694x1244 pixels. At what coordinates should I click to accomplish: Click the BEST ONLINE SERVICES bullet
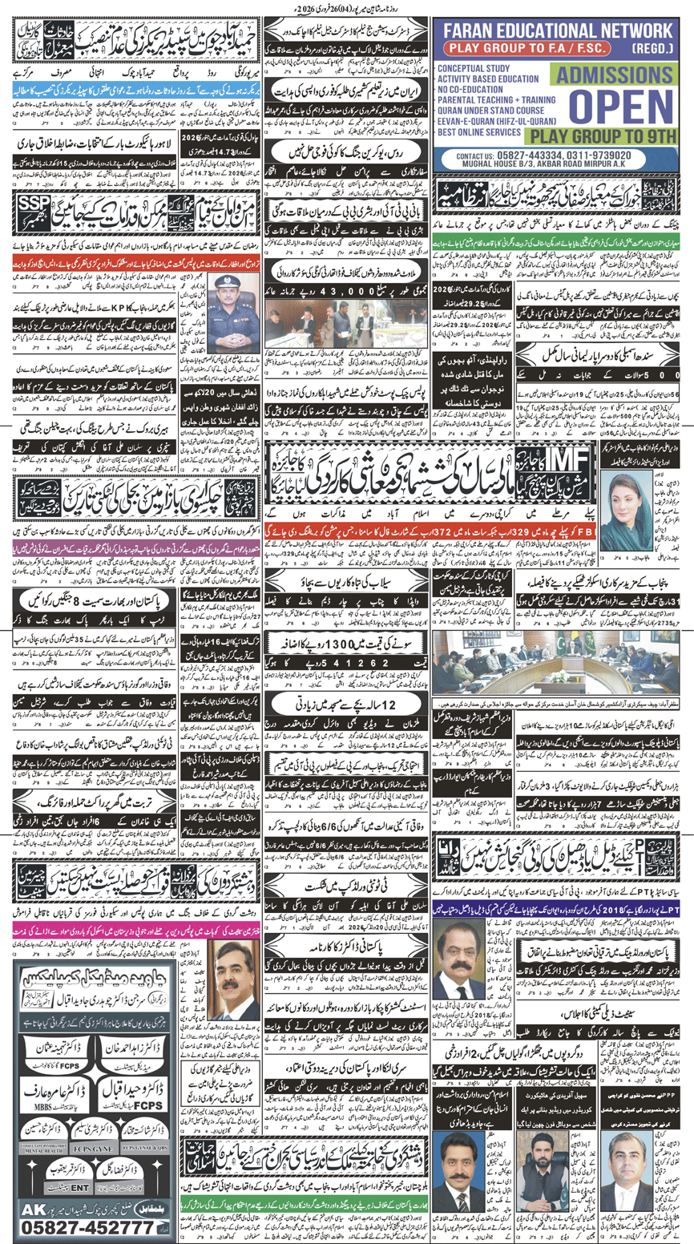coord(481,128)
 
